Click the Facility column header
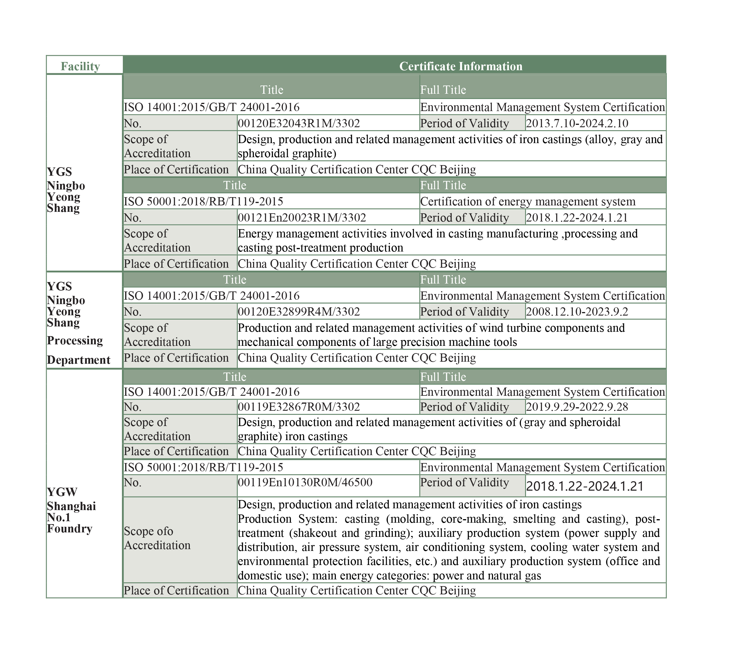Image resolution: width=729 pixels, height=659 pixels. [x=80, y=66]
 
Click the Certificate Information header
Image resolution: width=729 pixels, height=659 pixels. [x=461, y=66]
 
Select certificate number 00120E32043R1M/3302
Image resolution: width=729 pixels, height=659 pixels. [x=299, y=124]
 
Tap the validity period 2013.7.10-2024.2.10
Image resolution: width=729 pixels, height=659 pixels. [x=577, y=124]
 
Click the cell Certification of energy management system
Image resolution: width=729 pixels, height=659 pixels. [x=528, y=201]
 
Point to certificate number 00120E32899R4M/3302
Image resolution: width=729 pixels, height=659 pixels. [x=299, y=312]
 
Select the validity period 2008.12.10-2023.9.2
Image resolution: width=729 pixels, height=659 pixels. [x=577, y=312]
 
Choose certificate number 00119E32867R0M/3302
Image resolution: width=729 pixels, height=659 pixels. [x=299, y=407]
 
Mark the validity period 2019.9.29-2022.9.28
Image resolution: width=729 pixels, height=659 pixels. [x=577, y=407]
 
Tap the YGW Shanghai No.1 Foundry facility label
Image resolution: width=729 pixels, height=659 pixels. [x=71, y=510]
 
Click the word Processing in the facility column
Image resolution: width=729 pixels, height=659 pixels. [x=75, y=341]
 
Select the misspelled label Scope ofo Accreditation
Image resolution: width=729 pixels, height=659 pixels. [x=157, y=538]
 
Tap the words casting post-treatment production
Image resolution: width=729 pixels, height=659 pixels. [x=320, y=248]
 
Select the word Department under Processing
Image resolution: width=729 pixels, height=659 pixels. [x=79, y=360]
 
